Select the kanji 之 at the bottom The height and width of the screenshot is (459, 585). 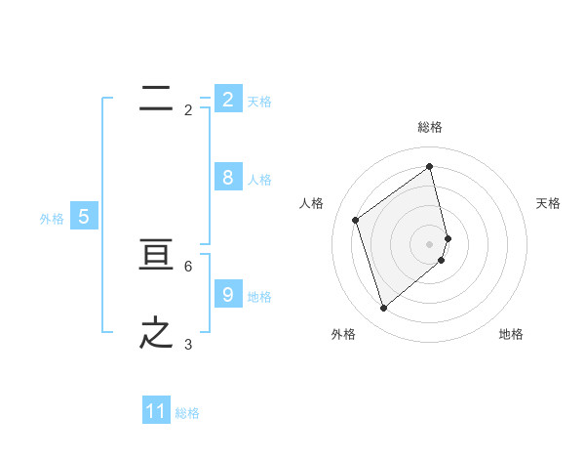pyautogui.click(x=156, y=333)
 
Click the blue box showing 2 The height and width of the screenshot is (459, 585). pyautogui.click(x=227, y=100)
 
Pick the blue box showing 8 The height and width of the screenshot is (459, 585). pyautogui.click(x=227, y=178)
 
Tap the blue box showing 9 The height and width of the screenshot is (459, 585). pyautogui.click(x=227, y=295)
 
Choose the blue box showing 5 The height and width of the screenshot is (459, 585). pyautogui.click(x=84, y=217)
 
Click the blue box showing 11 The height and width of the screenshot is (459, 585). pyautogui.click(x=156, y=412)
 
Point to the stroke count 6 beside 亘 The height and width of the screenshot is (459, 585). pyautogui.click(x=188, y=266)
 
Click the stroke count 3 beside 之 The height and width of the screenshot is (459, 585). pyautogui.click(x=188, y=344)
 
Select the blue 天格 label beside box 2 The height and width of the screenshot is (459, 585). pyautogui.click(x=259, y=101)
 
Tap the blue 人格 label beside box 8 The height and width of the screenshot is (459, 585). pyautogui.click(x=259, y=179)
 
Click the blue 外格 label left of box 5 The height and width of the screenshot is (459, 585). pyautogui.click(x=52, y=219)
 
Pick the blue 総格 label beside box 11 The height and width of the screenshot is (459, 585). pyautogui.click(x=187, y=413)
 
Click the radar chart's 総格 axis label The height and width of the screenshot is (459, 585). pyautogui.click(x=430, y=127)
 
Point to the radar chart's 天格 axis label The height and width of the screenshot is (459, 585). pyautogui.click(x=548, y=203)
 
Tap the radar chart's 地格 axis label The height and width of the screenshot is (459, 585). pyautogui.click(x=511, y=334)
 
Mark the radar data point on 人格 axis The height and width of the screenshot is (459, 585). pyautogui.click(x=356, y=220)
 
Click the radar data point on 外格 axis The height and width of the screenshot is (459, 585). pyautogui.click(x=383, y=309)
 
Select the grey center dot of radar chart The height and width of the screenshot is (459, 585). pyautogui.click(x=430, y=243)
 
